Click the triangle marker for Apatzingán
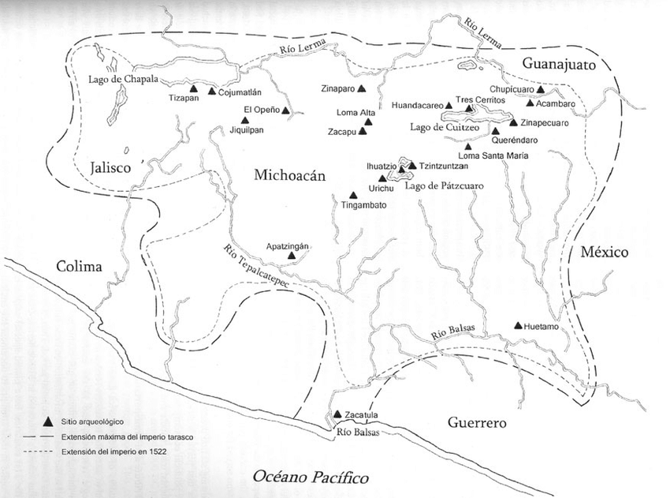click(x=292, y=256)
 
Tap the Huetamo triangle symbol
click(x=517, y=325)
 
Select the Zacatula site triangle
click(x=337, y=414)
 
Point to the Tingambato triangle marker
click(x=354, y=196)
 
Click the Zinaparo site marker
click(x=361, y=88)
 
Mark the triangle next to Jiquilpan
click(x=245, y=120)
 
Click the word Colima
click(x=80, y=266)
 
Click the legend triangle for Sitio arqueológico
click(x=49, y=421)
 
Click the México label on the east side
click(x=604, y=253)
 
